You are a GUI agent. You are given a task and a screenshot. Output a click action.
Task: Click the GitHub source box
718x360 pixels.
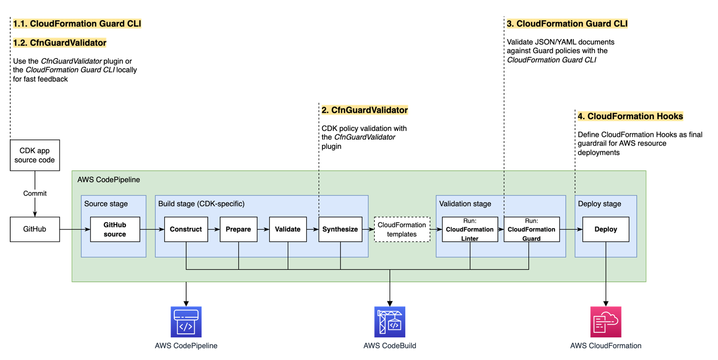tap(115, 229)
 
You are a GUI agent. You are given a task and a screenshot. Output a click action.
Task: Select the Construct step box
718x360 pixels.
tap(186, 229)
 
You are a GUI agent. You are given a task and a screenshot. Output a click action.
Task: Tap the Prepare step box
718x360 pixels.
tap(238, 229)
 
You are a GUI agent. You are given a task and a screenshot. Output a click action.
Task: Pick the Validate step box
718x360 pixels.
tap(288, 229)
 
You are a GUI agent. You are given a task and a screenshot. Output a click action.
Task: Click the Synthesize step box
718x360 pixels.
tap(340, 229)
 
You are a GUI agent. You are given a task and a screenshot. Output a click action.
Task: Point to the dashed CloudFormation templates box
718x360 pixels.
tap(402, 229)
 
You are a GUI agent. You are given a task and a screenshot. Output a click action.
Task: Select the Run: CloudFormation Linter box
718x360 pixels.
tap(470, 229)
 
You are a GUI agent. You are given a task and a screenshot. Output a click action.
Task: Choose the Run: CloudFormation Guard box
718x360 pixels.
tap(531, 229)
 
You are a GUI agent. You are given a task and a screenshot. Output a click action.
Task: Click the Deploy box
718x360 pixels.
tap(606, 229)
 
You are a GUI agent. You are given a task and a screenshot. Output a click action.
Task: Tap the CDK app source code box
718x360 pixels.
tap(34, 156)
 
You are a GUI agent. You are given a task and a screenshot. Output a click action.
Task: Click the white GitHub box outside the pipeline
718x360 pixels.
tap(34, 229)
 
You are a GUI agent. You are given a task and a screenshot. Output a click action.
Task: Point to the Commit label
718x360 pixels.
tap(35, 194)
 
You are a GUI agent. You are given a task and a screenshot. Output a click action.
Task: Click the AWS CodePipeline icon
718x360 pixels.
tap(186, 322)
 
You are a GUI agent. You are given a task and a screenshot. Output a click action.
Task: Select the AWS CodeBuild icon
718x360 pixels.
tap(390, 322)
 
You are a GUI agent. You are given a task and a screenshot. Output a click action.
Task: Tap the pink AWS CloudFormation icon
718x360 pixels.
tap(606, 322)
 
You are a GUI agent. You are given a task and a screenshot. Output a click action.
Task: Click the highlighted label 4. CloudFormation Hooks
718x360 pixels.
tap(630, 117)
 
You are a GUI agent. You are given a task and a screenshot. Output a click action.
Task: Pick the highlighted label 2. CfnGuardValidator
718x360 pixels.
tap(364, 110)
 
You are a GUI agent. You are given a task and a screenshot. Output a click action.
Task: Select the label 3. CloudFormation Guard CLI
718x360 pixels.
tap(567, 24)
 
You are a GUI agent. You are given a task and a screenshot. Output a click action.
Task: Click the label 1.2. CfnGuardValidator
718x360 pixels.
tap(60, 43)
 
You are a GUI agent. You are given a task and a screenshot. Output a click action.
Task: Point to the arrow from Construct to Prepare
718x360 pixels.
tap(214, 229)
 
